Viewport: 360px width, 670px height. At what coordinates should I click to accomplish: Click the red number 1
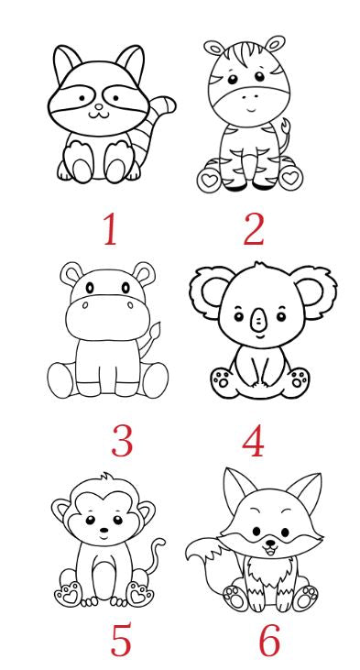point(110,229)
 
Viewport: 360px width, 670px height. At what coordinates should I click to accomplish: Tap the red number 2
point(254,229)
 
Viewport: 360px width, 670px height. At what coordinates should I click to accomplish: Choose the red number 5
point(121,640)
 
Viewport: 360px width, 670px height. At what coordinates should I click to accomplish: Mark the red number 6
point(270,640)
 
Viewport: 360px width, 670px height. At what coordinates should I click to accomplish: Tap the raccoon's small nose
point(99,106)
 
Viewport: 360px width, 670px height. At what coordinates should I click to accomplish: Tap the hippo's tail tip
point(156,330)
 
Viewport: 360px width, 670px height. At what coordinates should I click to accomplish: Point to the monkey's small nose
point(104,530)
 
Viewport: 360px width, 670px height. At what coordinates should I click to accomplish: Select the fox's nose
point(270,544)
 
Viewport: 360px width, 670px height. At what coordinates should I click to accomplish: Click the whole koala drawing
point(263,331)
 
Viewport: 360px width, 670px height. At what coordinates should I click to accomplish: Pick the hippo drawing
point(108,330)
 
